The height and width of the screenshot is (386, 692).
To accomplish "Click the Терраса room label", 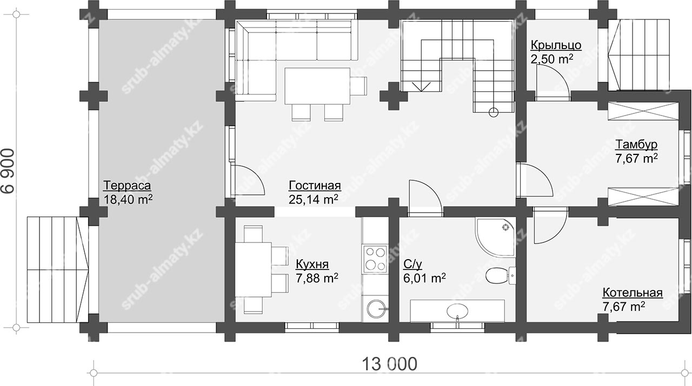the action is tap(127, 186).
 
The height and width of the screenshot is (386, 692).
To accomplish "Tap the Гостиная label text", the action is tap(315, 186).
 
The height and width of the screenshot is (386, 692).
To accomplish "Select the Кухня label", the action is tap(312, 264).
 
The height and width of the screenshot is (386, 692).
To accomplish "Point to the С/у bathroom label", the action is tap(412, 264).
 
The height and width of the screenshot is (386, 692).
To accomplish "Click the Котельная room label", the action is tap(633, 293).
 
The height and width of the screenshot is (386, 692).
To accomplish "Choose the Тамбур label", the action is tap(637, 144).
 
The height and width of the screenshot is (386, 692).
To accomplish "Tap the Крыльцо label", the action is tap(556, 45).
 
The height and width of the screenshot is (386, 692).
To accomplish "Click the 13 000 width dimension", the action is tap(389, 364).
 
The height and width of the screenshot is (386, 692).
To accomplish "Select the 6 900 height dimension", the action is tap(8, 171).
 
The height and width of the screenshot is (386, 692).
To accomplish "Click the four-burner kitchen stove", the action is tap(375, 259).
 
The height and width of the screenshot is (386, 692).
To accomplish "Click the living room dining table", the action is tap(317, 86).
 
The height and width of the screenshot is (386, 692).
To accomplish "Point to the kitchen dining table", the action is tap(254, 269).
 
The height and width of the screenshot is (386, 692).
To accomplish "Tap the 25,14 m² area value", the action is tap(313, 199).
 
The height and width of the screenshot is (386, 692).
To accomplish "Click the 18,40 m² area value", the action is tap(128, 199).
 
